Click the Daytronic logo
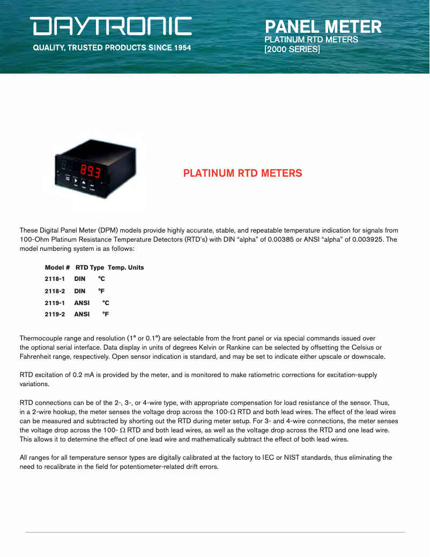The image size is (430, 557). [x=111, y=26]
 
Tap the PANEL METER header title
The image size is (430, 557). [x=323, y=26]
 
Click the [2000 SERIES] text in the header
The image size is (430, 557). [x=292, y=49]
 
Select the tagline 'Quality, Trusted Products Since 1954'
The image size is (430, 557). [x=112, y=48]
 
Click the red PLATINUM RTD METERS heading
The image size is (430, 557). [x=242, y=173]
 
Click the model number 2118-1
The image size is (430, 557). [x=55, y=279]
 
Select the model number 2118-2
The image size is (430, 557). [x=55, y=291]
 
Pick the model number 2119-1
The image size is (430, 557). [x=55, y=303]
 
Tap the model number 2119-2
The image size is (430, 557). [x=55, y=314]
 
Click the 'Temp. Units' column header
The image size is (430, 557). [x=126, y=267]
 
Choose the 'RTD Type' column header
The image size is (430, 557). [x=90, y=267]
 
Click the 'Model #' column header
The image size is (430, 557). [x=57, y=267]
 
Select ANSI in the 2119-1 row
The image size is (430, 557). [x=82, y=303]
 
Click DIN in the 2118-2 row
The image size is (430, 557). [x=80, y=291]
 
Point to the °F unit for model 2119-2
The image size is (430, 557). [x=106, y=314]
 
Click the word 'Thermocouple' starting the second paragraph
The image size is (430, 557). [x=41, y=338]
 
